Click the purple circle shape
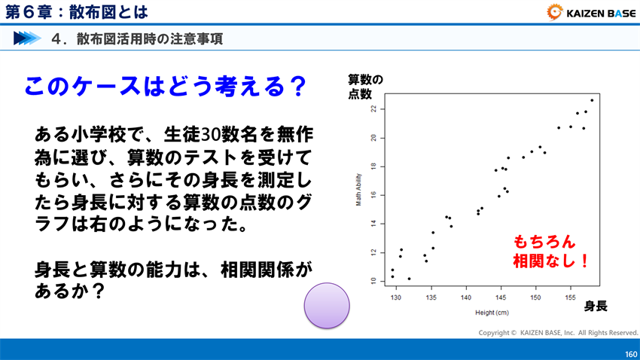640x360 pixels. point(327,305)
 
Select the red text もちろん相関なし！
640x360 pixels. point(549,252)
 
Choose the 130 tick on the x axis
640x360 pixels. point(397,297)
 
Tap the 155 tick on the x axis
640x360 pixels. point(570,297)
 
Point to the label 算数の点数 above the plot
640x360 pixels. point(365,87)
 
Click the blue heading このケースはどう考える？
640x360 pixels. point(165,87)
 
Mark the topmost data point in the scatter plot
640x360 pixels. point(592,100)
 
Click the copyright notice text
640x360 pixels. point(558,332)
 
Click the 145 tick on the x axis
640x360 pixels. point(501,297)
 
